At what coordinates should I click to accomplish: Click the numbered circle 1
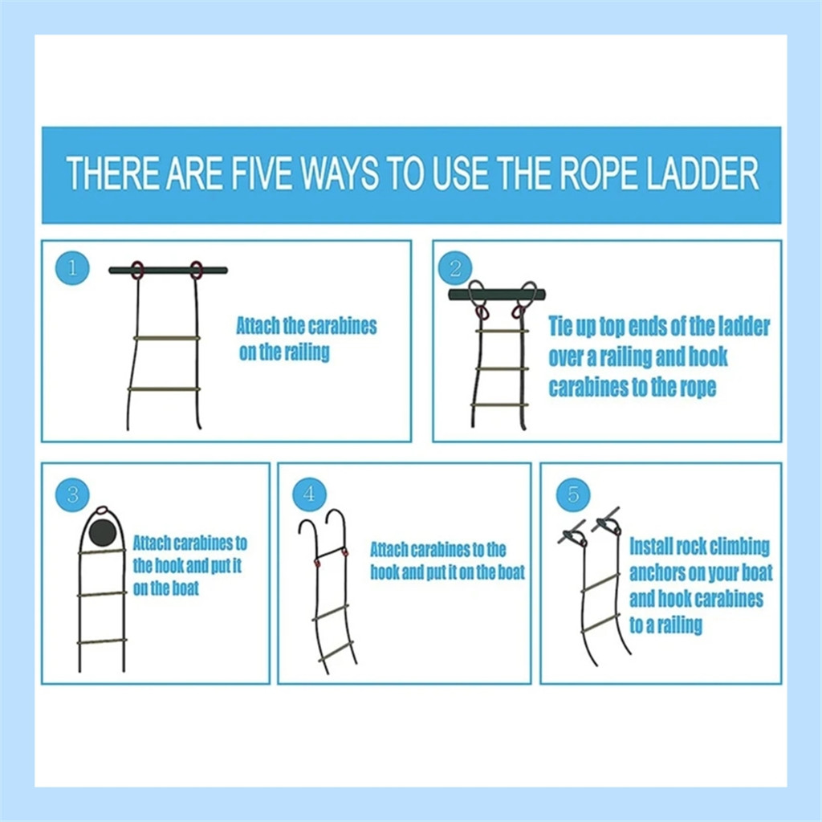[72, 268]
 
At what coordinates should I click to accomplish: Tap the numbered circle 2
[455, 268]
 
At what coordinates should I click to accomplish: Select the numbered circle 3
[72, 494]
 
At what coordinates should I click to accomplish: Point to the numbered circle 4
[309, 494]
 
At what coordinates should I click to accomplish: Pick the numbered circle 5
[573, 494]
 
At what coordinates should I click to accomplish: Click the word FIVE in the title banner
[261, 173]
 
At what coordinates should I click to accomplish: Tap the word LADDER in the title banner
[702, 173]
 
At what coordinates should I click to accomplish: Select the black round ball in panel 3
[102, 533]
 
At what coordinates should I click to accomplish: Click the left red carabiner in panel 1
[136, 271]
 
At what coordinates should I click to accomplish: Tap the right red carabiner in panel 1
[196, 271]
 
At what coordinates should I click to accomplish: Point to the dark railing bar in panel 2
[496, 295]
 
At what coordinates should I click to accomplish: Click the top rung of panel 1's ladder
[167, 338]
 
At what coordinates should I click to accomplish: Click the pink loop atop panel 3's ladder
[103, 509]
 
